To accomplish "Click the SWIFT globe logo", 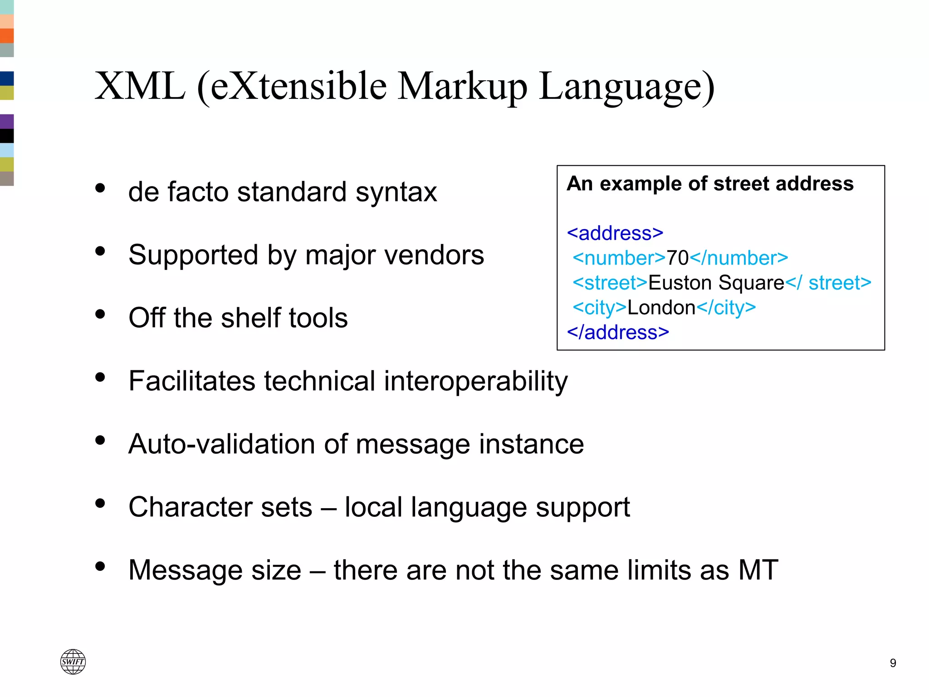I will (73, 661).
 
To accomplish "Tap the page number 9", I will (893, 663).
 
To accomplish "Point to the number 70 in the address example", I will (677, 258).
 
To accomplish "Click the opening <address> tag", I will (615, 233).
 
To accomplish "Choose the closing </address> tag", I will (618, 333).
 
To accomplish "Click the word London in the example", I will (661, 308).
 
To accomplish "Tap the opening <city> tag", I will (600, 308).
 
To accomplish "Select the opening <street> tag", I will (610, 283).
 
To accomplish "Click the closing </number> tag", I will (739, 258).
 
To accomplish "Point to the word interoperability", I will (476, 381).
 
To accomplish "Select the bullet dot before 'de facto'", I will (100, 188).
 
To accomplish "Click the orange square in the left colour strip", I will (7, 35).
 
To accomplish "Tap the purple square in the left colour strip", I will (7, 121).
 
